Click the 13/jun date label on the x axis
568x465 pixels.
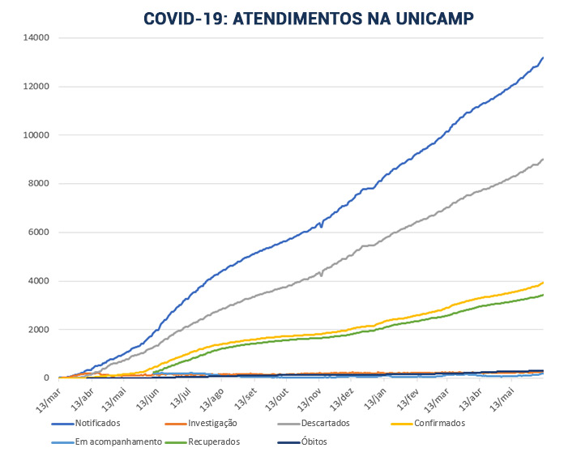point(149,397)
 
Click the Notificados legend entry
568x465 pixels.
point(97,423)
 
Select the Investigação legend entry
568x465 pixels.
point(211,423)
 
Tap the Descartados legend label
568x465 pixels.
point(327,423)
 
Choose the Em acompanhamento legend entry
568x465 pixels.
point(109,442)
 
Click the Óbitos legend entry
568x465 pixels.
point(314,442)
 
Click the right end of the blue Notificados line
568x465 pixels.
point(542,58)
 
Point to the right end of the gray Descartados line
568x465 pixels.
point(542,159)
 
